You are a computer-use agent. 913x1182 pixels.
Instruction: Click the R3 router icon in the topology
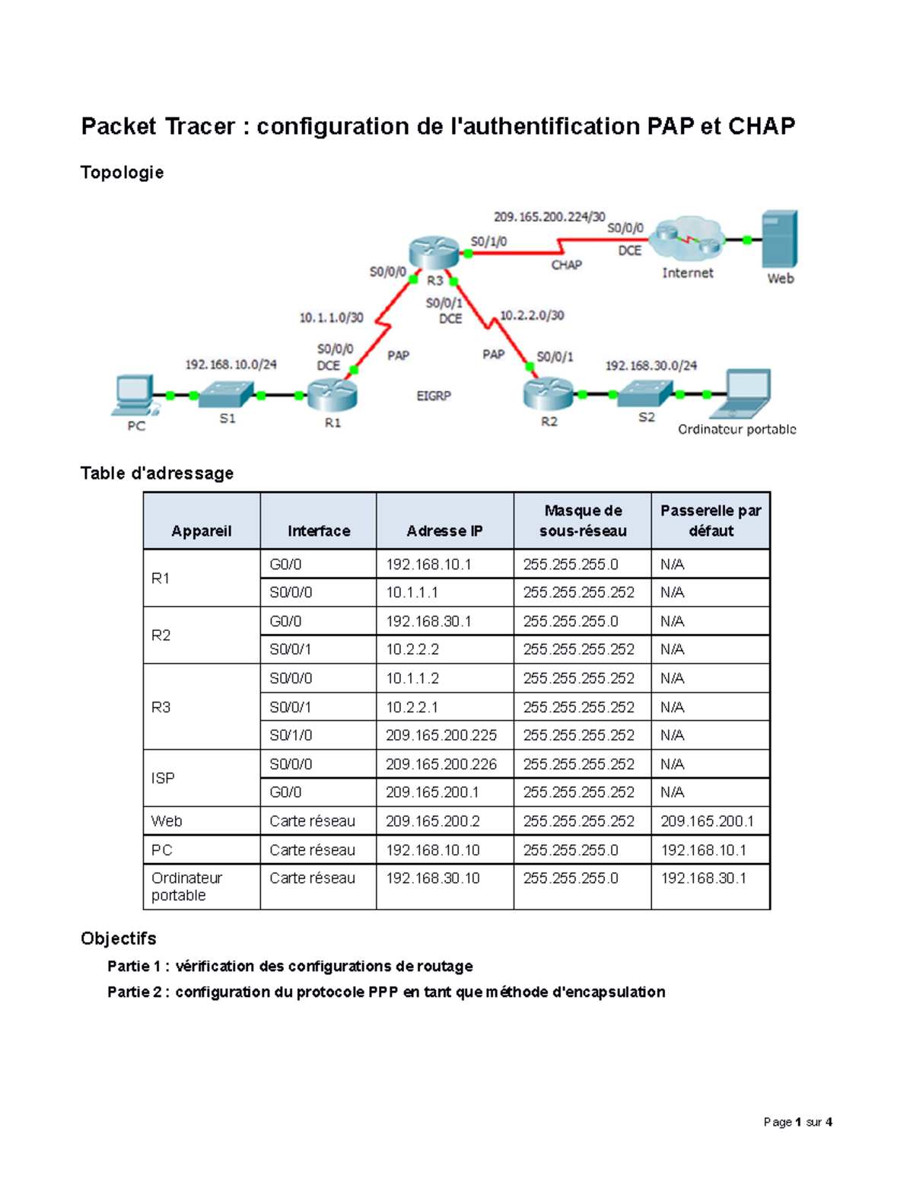click(434, 252)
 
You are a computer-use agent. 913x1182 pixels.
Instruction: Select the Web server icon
click(780, 238)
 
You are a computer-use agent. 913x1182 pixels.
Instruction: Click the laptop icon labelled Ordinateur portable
click(742, 393)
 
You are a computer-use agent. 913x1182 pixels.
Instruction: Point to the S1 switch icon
click(227, 394)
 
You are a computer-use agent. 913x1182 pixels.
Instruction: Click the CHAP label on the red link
click(567, 265)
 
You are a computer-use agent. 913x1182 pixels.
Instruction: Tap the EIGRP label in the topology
click(434, 396)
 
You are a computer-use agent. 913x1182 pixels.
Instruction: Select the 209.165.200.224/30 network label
click(549, 217)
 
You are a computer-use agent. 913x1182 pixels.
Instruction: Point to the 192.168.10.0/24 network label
click(231, 365)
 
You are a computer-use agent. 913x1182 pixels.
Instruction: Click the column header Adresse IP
click(444, 530)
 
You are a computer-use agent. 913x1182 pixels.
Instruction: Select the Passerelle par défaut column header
click(711, 521)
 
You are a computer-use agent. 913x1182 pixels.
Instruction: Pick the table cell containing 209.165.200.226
click(441, 764)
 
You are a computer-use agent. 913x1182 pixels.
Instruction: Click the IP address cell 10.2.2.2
click(412, 649)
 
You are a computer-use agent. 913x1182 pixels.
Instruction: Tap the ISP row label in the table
click(163, 778)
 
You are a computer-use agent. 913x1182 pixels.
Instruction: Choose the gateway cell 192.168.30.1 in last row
click(704, 878)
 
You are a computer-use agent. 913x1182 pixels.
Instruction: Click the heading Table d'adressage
click(157, 473)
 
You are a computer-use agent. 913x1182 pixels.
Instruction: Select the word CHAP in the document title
click(762, 126)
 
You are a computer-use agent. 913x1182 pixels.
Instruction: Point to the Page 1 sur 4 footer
click(797, 1122)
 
